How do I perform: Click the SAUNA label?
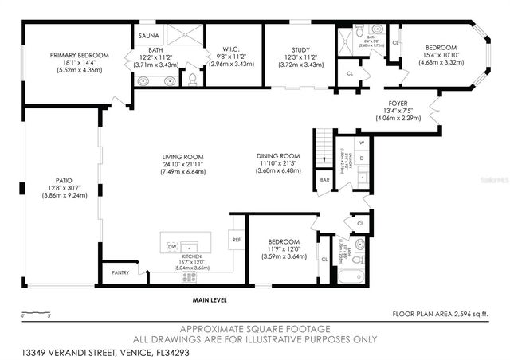pos(148,37)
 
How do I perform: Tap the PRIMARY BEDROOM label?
pos(79,55)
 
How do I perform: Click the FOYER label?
pos(398,103)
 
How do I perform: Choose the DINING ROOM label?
pos(277,156)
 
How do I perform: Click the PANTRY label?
pos(120,273)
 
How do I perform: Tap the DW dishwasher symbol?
pos(172,248)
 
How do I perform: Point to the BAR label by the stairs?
pos(325,180)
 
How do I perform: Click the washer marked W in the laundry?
pos(361,143)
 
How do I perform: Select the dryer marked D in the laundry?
pos(361,158)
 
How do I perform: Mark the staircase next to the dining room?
pos(323,148)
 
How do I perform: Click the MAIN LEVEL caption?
pos(209,300)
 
